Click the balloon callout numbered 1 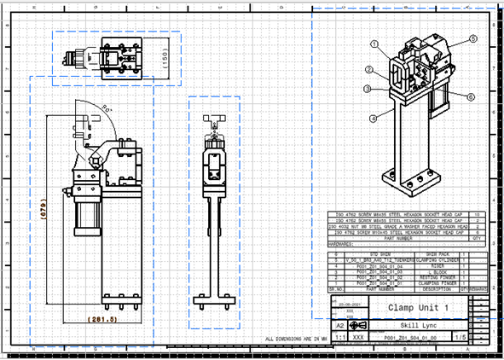(x=374, y=43)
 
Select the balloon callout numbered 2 (x=368, y=69)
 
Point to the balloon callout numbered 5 (x=472, y=39)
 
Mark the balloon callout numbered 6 (x=470, y=97)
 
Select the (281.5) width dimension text (x=105, y=320)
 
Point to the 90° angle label (x=107, y=108)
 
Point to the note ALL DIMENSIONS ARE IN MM (x=296, y=340)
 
